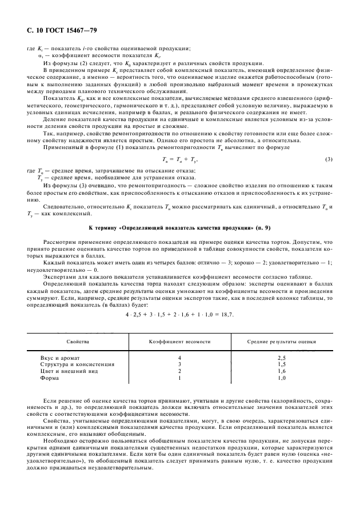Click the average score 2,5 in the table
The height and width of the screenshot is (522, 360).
[x=282, y=357]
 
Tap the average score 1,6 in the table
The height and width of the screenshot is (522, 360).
[x=282, y=371]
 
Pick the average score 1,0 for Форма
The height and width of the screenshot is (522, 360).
[x=282, y=378]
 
